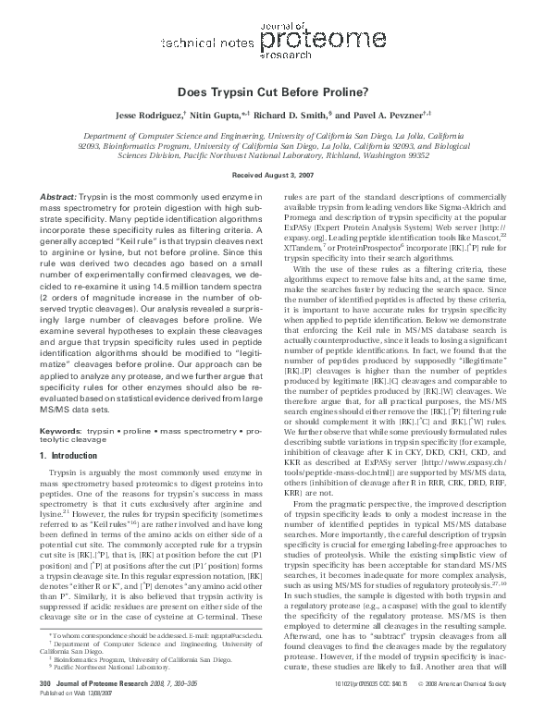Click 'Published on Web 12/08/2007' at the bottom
pyautogui.click(x=78, y=715)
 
